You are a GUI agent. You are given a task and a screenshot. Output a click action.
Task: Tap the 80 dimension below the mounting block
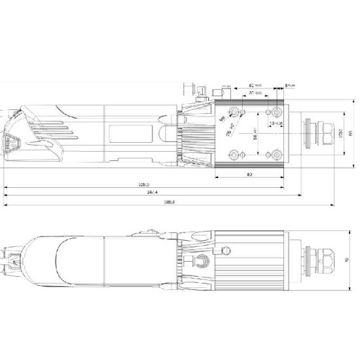pos(249,175)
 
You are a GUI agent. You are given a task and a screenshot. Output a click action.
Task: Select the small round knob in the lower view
pos(228,249)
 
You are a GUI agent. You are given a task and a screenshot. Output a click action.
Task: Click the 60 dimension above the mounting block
pos(254,85)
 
